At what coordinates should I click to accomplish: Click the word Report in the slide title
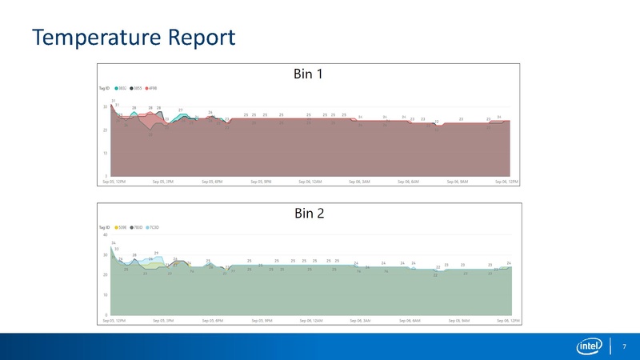(202, 38)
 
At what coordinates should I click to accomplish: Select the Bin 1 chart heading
(308, 74)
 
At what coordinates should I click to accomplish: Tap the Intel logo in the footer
(590, 346)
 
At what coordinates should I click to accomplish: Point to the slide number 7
(623, 346)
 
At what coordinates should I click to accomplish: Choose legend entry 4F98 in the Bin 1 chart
(153, 88)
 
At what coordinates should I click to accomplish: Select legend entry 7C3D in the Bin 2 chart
(154, 227)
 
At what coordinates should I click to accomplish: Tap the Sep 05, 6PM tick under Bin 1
(212, 182)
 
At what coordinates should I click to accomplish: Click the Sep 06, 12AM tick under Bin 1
(310, 182)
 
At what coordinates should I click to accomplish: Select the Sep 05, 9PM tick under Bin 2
(262, 320)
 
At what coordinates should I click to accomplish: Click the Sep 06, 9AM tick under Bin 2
(458, 320)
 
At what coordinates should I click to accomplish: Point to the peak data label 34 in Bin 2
(114, 243)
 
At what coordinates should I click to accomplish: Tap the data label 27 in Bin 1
(181, 110)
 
